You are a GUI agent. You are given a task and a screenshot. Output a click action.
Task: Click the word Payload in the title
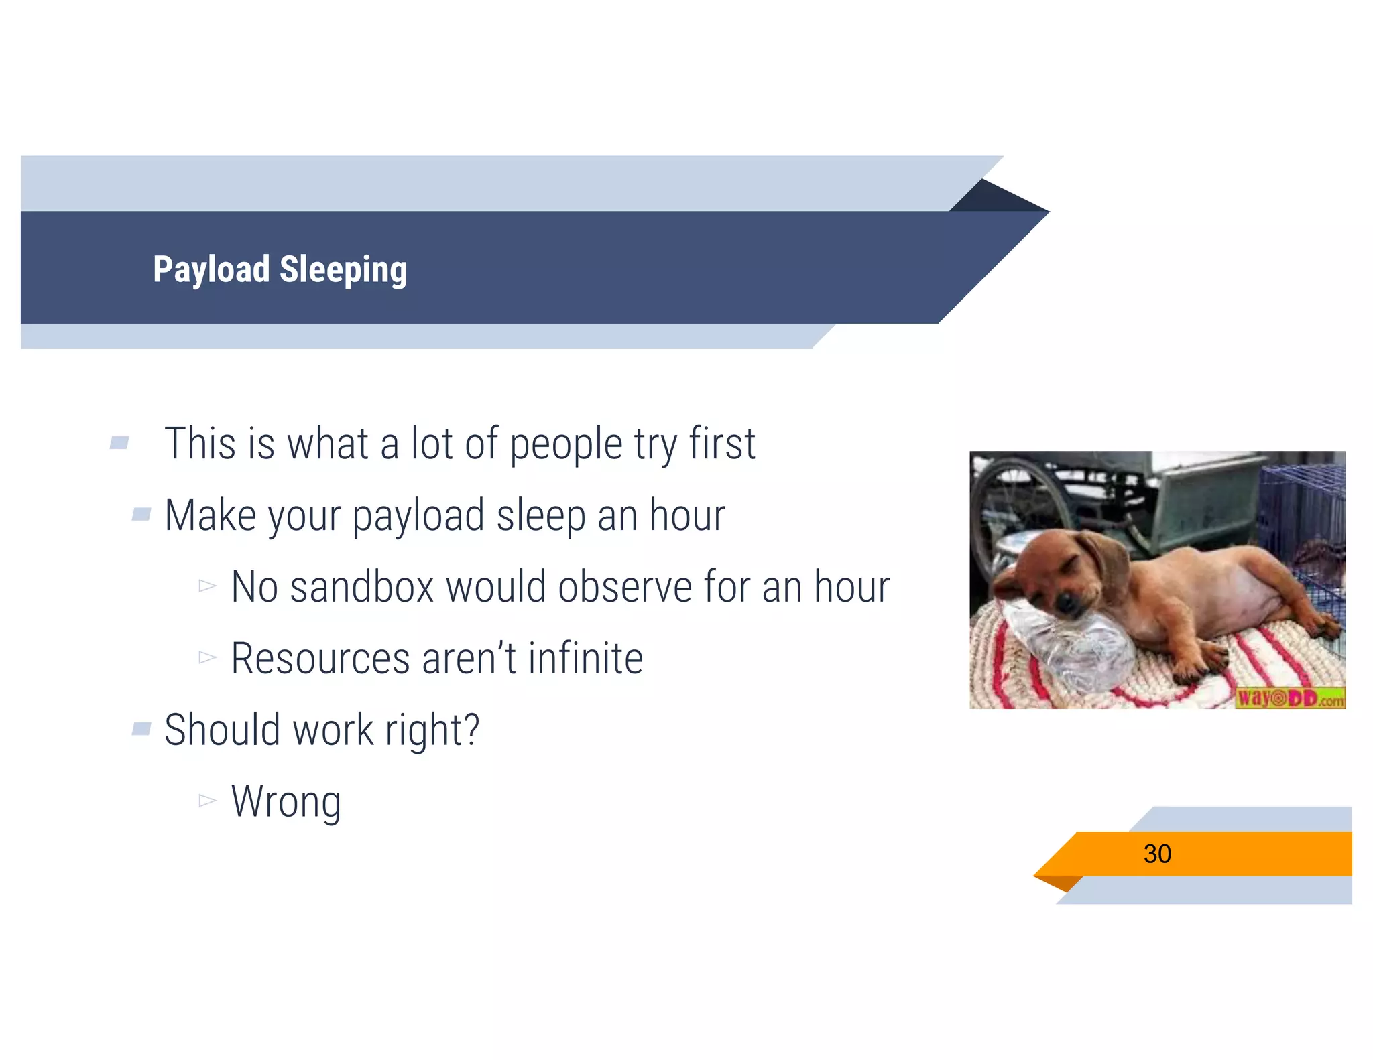point(211,270)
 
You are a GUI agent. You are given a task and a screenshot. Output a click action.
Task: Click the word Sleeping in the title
point(343,270)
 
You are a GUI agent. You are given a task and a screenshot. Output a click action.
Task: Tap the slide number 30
point(1156,854)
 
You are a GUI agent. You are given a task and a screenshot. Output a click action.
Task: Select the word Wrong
point(286,801)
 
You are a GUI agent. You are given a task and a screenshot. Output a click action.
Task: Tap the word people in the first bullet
point(566,444)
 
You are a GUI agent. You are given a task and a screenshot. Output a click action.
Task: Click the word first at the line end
point(722,444)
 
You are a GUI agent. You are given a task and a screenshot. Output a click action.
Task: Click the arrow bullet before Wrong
point(207,800)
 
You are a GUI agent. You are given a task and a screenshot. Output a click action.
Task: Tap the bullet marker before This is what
point(120,442)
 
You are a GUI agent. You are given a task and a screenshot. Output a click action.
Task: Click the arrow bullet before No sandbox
point(207,586)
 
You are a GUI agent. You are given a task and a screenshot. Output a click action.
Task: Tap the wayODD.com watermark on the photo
point(1289,698)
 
